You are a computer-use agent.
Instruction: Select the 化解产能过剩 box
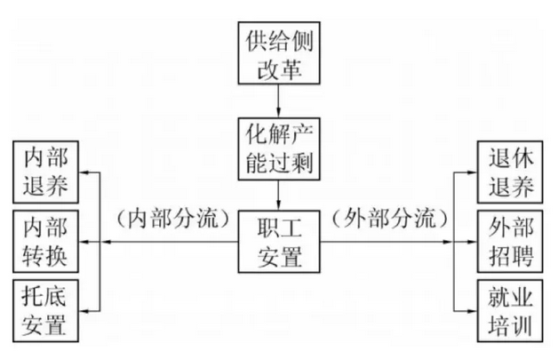click(x=279, y=148)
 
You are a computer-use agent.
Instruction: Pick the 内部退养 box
click(x=45, y=172)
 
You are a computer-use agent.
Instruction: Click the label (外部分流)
click(x=387, y=218)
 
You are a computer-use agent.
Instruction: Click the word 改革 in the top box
click(x=279, y=67)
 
